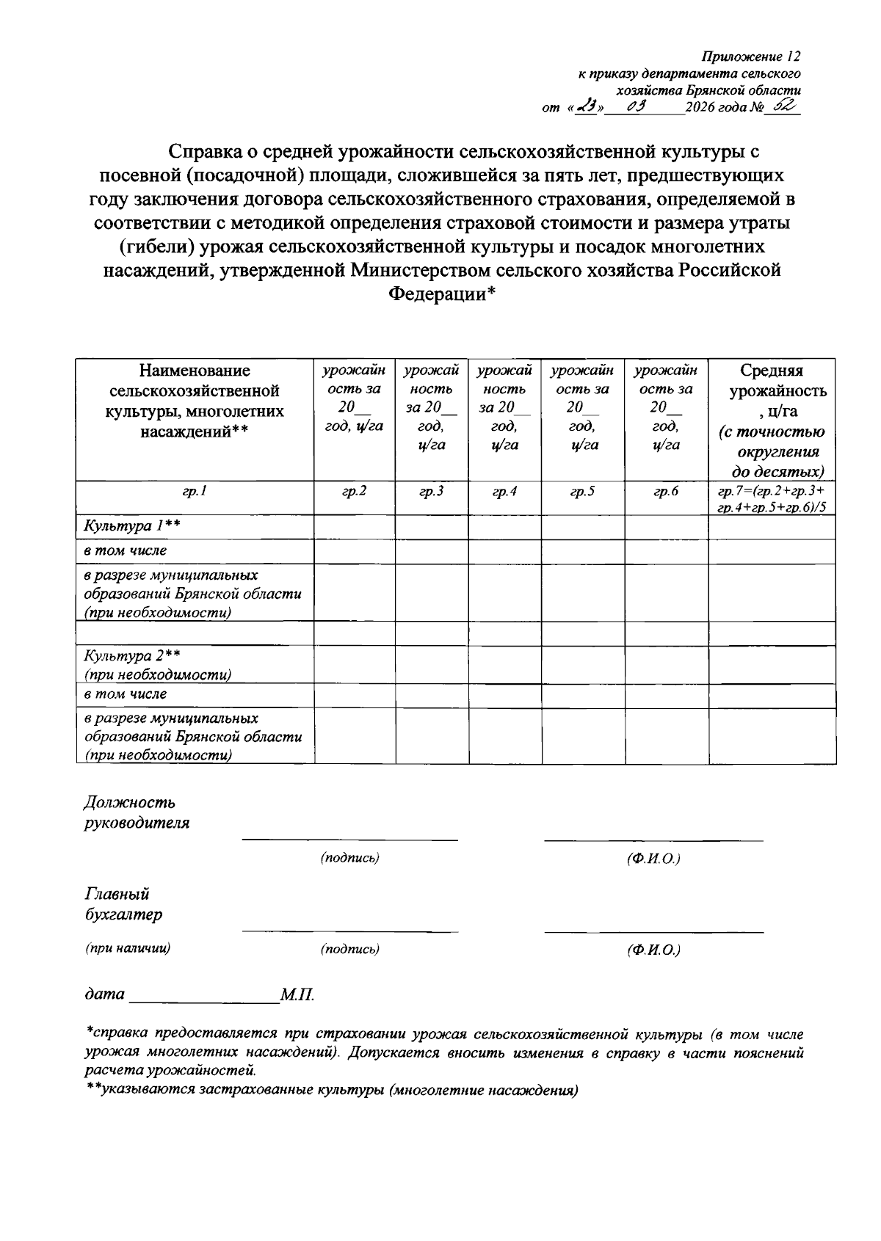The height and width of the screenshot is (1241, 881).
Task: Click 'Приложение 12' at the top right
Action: [750, 57]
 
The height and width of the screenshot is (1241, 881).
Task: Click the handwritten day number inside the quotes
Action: [587, 108]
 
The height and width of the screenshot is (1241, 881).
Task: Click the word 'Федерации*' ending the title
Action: [442, 294]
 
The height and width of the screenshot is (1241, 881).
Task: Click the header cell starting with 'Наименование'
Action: [195, 401]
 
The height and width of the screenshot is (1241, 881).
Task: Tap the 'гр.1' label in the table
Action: [195, 492]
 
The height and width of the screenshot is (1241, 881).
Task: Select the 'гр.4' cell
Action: [504, 492]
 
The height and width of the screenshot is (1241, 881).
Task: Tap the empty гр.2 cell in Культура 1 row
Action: [354, 527]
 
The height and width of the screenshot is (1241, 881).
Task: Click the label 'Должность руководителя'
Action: [137, 812]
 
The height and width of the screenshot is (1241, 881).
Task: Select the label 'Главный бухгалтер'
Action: [123, 904]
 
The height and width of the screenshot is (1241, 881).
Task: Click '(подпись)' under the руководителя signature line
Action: [349, 858]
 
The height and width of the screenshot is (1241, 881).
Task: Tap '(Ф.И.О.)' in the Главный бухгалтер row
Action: [653, 950]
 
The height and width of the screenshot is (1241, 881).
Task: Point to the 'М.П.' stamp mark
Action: [297, 995]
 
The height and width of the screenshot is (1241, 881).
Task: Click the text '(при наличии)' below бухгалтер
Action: [128, 948]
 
